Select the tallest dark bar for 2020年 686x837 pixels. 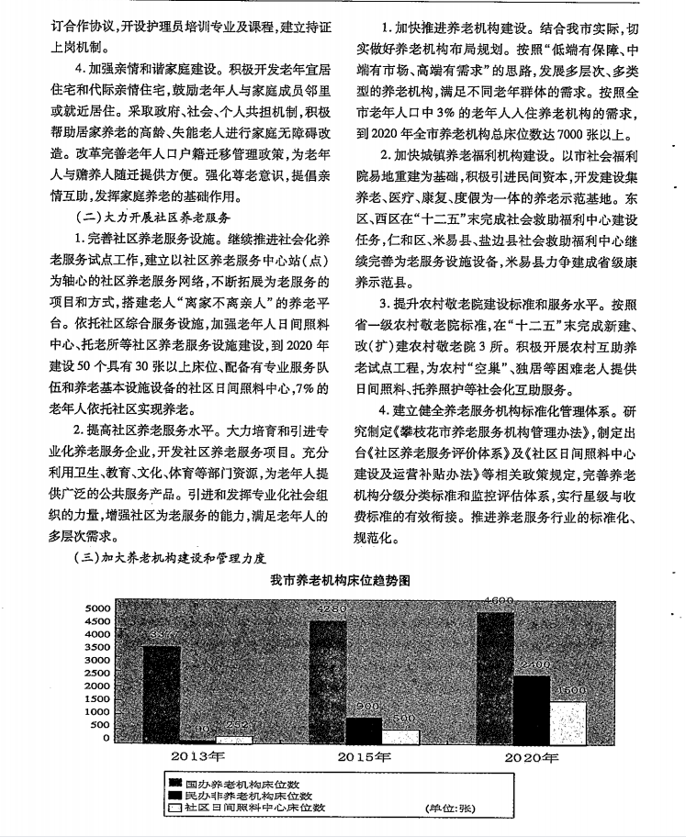(501, 675)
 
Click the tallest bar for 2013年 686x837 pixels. (162, 693)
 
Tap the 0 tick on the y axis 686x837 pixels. (107, 737)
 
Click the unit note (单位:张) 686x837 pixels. (446, 809)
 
